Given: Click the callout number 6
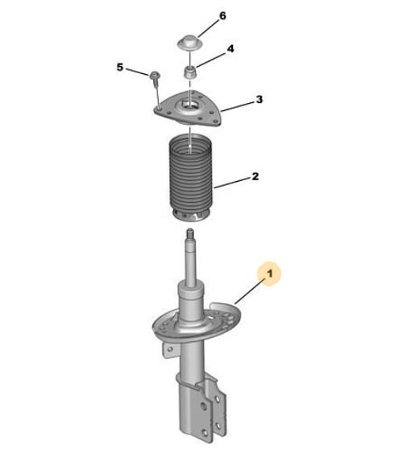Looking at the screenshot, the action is [x=222, y=16].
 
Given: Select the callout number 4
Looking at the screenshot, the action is [x=230, y=48].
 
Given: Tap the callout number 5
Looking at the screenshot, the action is [x=120, y=67].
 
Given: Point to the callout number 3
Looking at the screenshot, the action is [x=259, y=99].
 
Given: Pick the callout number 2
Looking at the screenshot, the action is [x=255, y=176].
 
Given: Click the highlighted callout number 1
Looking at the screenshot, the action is [x=269, y=274].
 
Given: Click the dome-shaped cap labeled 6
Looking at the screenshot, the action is [x=190, y=43].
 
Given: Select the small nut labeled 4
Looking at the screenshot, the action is [x=190, y=72].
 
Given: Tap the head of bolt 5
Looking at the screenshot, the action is [x=155, y=75].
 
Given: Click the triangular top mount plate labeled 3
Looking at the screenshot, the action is [x=188, y=109].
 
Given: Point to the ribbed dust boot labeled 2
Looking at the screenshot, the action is [x=191, y=178].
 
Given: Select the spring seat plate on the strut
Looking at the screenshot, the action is [x=197, y=323].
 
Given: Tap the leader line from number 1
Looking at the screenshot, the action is [x=250, y=291].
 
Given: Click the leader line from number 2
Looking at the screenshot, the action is [x=232, y=183].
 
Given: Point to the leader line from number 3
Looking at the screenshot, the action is [x=238, y=107].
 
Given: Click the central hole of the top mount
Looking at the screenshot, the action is [x=189, y=106].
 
